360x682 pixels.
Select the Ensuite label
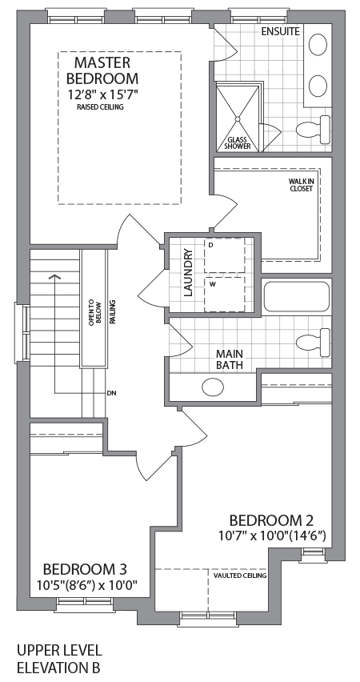point(280,32)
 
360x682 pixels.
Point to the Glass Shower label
point(238,142)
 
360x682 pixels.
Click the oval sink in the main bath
point(213,387)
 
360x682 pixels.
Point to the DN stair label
point(111,393)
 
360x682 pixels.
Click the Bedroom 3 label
point(85,569)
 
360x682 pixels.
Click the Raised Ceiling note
point(101,106)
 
